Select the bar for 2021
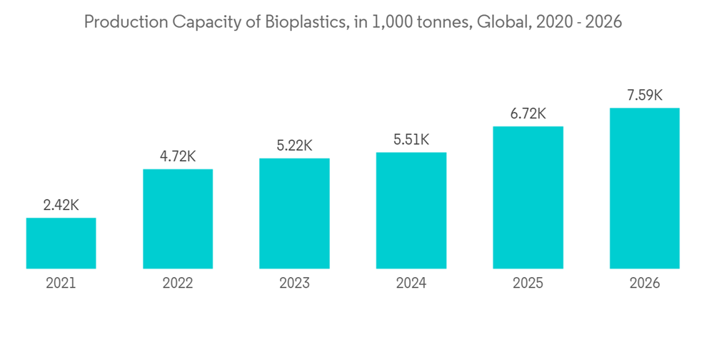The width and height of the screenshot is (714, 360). [x=61, y=244]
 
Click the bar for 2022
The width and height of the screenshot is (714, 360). [x=178, y=219]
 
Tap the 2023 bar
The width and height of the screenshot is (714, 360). [x=294, y=214]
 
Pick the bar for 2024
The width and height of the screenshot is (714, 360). [x=411, y=211]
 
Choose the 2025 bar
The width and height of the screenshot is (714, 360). [x=528, y=198]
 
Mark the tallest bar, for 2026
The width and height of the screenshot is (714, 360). [x=645, y=189]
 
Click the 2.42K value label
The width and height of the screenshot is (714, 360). [x=61, y=205]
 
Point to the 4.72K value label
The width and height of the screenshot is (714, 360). [x=178, y=156]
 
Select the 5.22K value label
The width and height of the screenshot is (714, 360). [x=294, y=146]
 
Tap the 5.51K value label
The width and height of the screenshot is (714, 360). [x=411, y=140]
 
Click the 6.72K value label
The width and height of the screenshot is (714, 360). [x=528, y=114]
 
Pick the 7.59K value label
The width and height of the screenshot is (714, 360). [x=645, y=95]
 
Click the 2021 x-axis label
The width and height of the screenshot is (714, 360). [x=61, y=284]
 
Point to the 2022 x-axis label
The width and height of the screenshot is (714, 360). [x=178, y=284]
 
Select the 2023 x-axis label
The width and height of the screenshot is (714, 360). [x=294, y=284]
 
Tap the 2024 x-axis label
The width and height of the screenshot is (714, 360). [x=411, y=284]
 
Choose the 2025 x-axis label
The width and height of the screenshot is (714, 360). [x=528, y=284]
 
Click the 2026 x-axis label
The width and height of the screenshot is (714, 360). [x=645, y=284]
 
